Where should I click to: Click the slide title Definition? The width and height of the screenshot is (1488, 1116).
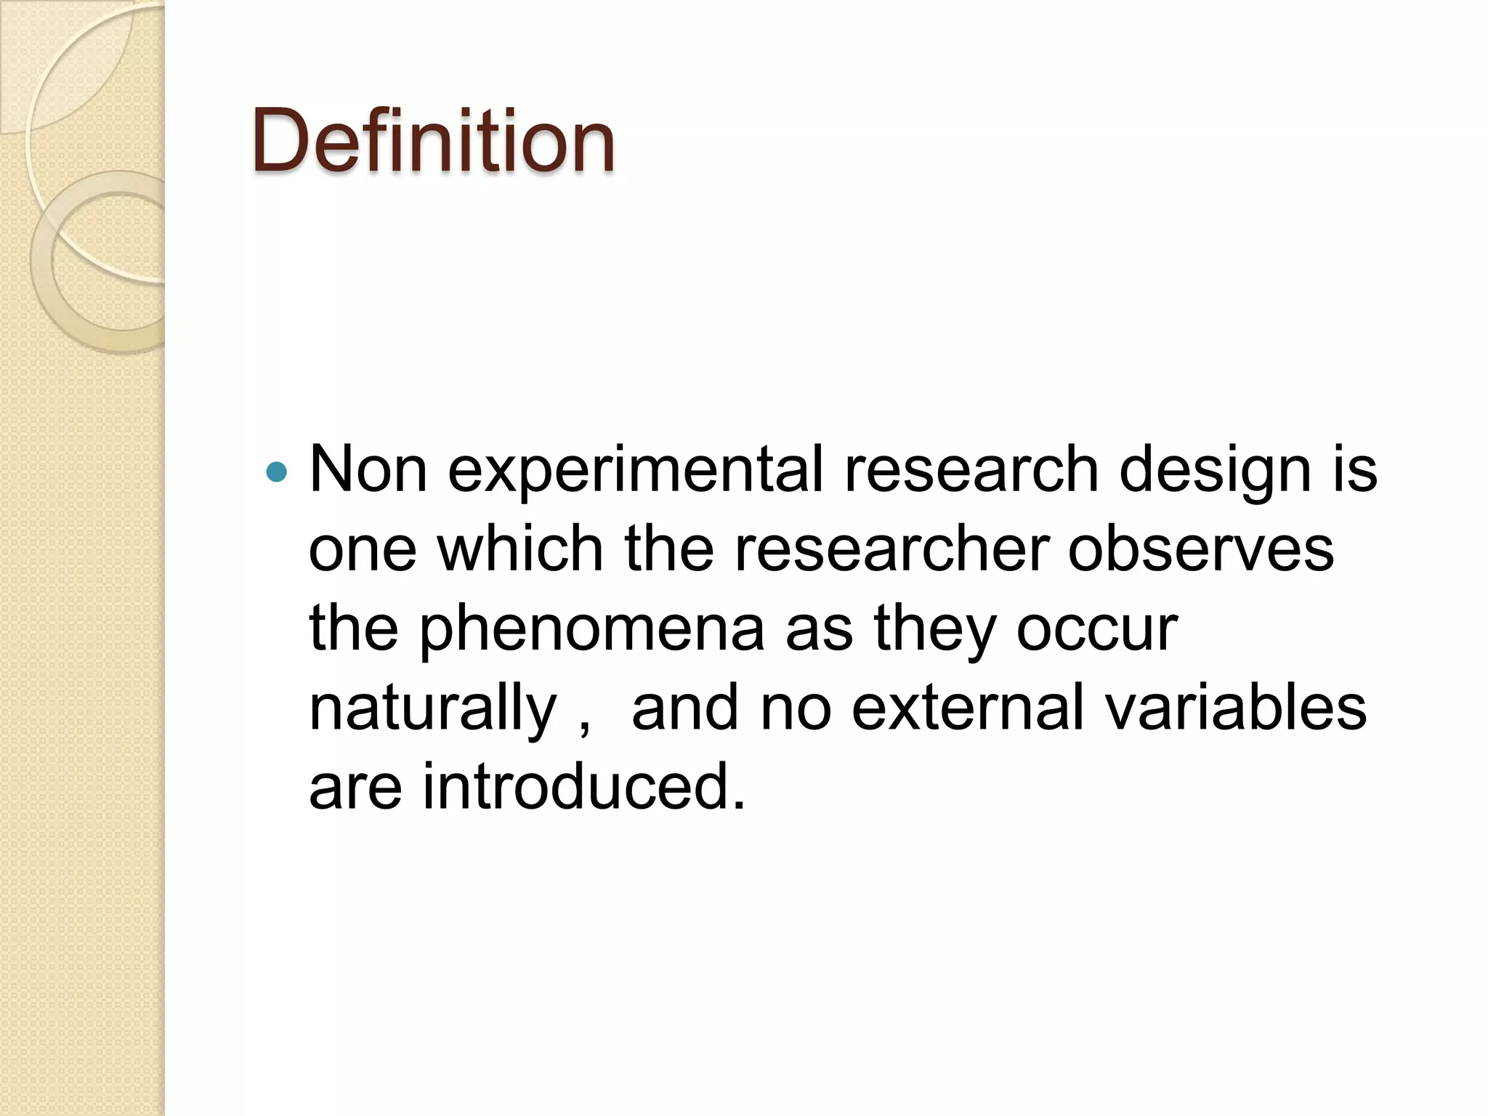pyautogui.click(x=433, y=141)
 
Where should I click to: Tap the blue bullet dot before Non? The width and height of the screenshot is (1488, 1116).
pyautogui.click(x=277, y=473)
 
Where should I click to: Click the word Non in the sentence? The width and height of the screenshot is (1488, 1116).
pyautogui.click(x=368, y=469)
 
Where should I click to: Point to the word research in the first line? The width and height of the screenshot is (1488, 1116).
pyautogui.click(x=971, y=469)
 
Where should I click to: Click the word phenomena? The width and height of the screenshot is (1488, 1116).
pyautogui.click(x=591, y=631)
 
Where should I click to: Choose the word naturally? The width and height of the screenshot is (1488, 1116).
pyautogui.click(x=433, y=711)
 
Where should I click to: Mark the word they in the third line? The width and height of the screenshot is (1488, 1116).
pyautogui.click(x=934, y=631)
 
